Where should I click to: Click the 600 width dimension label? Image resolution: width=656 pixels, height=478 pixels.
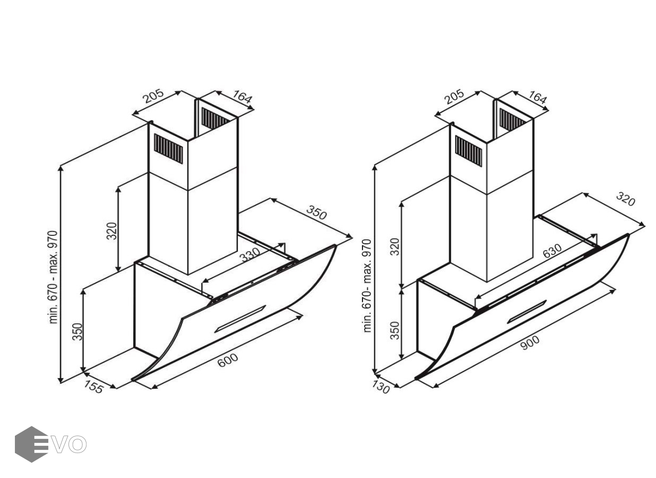point(228,360)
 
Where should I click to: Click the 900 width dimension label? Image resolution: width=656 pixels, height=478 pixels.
point(530,343)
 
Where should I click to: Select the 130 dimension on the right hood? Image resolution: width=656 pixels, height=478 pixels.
point(381,387)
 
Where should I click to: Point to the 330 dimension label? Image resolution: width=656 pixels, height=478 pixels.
point(250,255)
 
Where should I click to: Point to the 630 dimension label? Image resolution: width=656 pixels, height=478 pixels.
point(552,251)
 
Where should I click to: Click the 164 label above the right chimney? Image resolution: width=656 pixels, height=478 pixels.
point(538,97)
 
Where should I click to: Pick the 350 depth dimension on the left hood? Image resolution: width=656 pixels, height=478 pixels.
point(316,212)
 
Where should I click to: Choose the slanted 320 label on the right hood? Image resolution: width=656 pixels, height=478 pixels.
point(626,199)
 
